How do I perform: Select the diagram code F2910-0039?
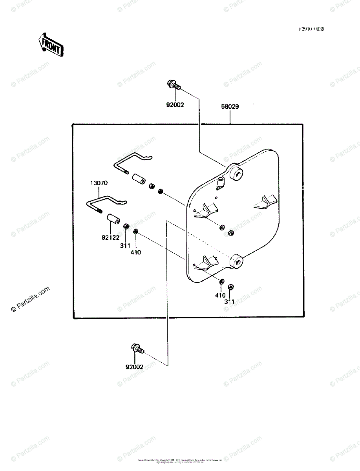tap(311, 29)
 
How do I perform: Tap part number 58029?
tap(230, 106)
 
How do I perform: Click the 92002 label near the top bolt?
tap(175, 105)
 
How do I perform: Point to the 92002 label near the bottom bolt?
tap(134, 367)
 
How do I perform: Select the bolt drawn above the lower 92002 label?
tap(137, 348)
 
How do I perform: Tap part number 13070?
tap(99, 183)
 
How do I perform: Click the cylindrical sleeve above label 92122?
tap(113, 219)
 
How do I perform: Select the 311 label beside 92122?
tap(125, 245)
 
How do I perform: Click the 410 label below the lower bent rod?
tap(136, 252)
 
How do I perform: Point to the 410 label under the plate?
tap(220, 295)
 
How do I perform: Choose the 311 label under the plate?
tap(229, 302)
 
